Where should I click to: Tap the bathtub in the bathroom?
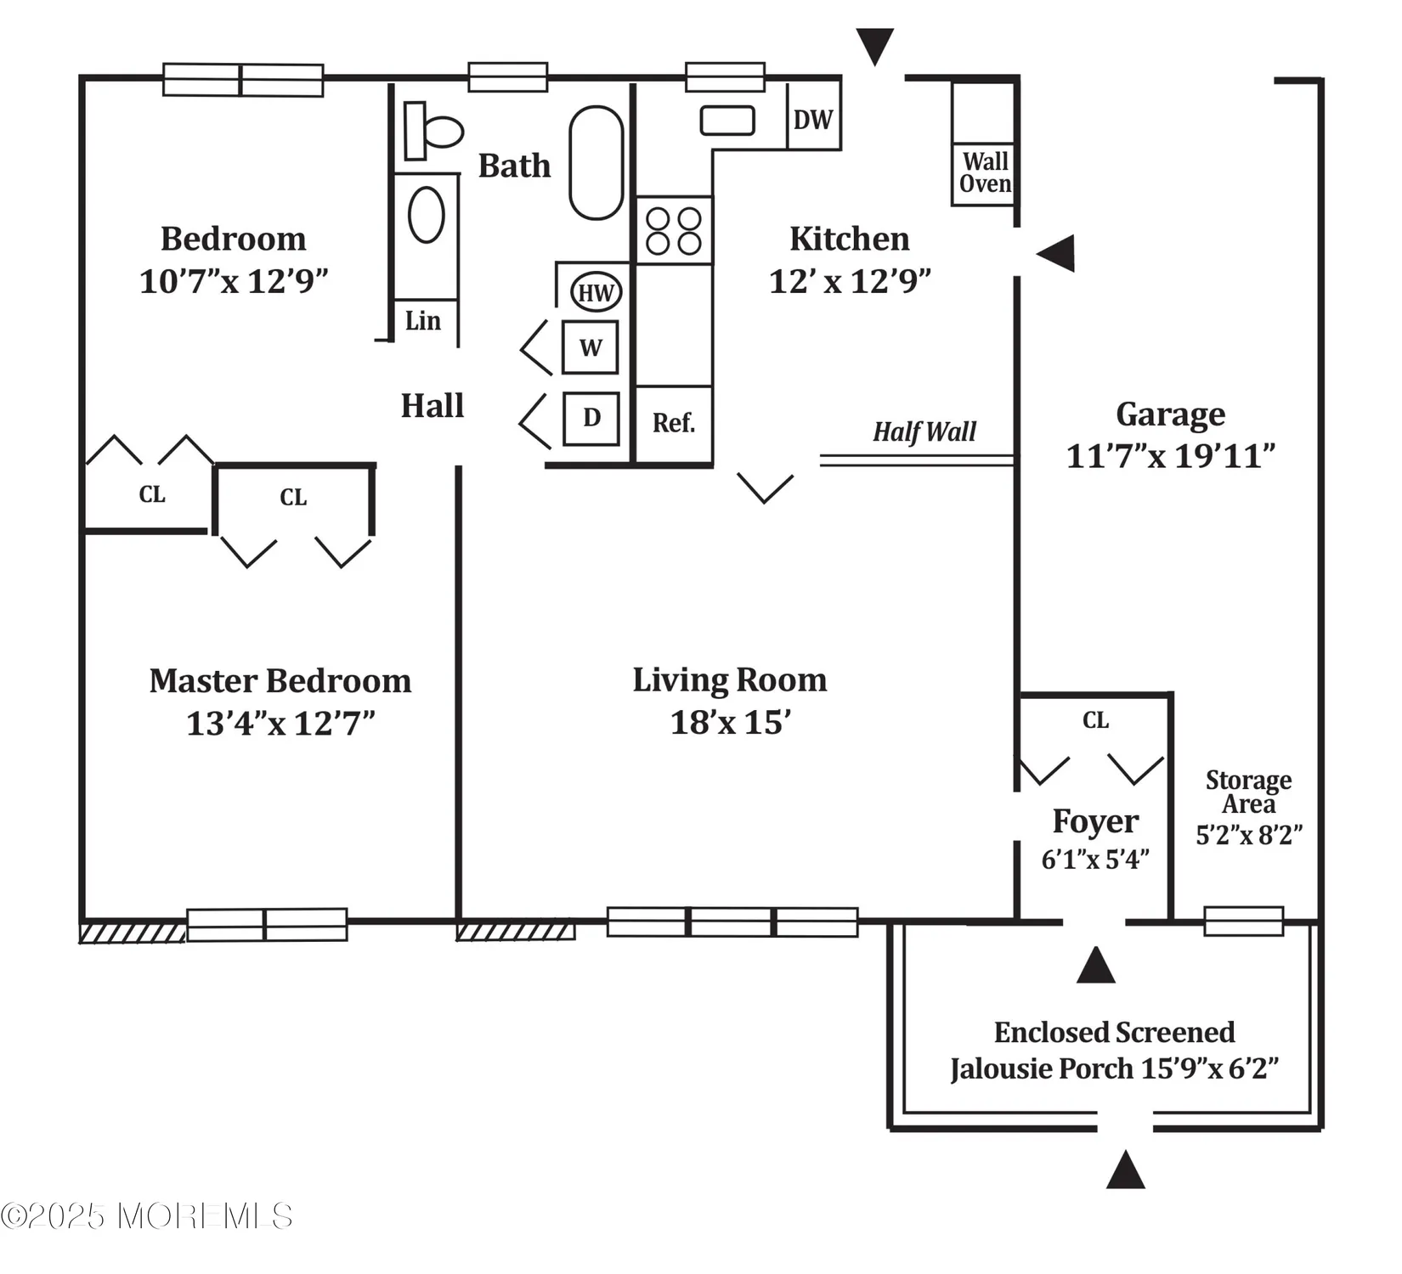[x=596, y=162]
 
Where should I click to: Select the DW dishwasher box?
[x=813, y=120]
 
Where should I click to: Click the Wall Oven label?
[x=985, y=172]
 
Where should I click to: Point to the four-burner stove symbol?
[x=674, y=231]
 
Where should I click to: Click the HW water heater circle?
[x=596, y=293]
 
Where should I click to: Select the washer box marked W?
[x=590, y=347]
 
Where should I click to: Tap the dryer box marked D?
[x=591, y=418]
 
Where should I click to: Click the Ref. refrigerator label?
[x=674, y=422]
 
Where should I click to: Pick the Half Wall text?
[x=924, y=432]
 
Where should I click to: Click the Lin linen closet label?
[x=423, y=321]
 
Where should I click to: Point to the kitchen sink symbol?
[x=727, y=121]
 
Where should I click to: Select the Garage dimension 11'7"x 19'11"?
[x=1170, y=456]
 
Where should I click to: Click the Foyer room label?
[x=1094, y=821]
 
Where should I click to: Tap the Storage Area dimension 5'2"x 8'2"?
[x=1248, y=835]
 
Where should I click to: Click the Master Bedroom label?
[x=280, y=681]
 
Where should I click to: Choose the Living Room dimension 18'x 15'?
[x=730, y=723]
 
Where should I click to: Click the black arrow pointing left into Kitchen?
[x=1056, y=253]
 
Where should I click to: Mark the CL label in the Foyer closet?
[x=1095, y=720]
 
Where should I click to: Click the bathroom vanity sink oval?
[x=427, y=216]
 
